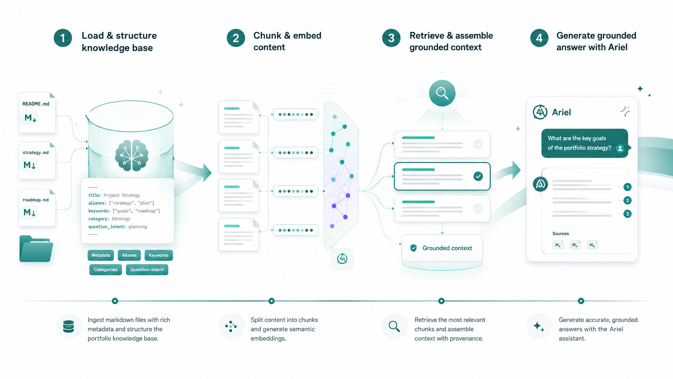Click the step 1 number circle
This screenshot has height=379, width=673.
pyautogui.click(x=63, y=38)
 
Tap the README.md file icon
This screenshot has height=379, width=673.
pyautogui.click(x=37, y=112)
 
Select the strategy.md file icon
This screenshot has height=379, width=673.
pyautogui.click(x=37, y=160)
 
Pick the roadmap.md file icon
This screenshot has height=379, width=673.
pyautogui.click(x=37, y=207)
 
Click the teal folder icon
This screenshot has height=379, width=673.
pyautogui.click(x=36, y=249)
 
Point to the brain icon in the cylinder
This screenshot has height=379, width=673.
pyautogui.click(x=132, y=155)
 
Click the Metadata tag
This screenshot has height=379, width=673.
pyautogui.click(x=101, y=255)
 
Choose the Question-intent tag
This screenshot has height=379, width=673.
pyautogui.click(x=147, y=269)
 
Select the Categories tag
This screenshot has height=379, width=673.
pyautogui.click(x=105, y=269)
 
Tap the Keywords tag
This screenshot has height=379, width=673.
pyautogui.click(x=159, y=255)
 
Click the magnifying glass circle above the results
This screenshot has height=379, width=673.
pyautogui.click(x=442, y=93)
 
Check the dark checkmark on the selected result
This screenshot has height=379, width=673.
pyautogui.click(x=478, y=176)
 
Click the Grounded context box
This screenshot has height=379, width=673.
pyautogui.click(x=442, y=248)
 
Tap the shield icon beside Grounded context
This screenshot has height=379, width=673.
pyautogui.click(x=413, y=248)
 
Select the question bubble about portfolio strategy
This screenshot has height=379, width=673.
pyautogui.click(x=585, y=143)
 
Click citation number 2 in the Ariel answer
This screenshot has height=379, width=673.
pyautogui.click(x=627, y=201)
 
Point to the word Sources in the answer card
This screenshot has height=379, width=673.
pyautogui.click(x=560, y=234)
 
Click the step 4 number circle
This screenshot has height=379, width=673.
pyautogui.click(x=539, y=38)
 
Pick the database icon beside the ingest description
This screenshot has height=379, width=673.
pyautogui.click(x=68, y=326)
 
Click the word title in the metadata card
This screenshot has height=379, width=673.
pyautogui.click(x=94, y=195)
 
